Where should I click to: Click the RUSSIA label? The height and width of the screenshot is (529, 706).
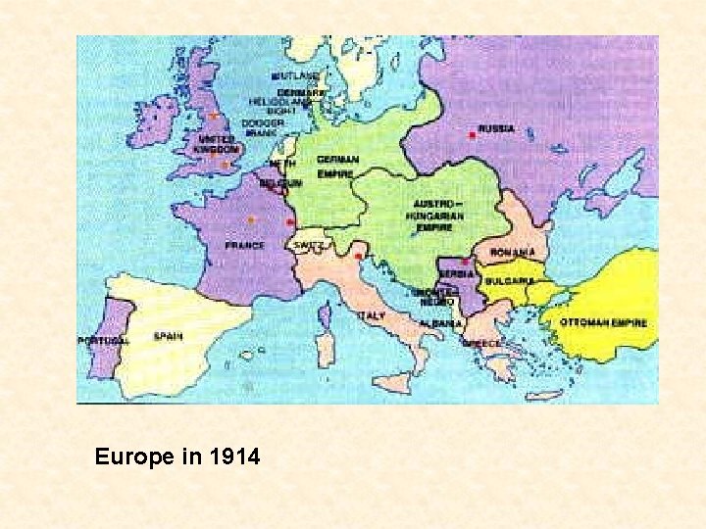[x=497, y=129]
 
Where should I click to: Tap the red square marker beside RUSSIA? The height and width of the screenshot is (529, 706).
[x=472, y=135]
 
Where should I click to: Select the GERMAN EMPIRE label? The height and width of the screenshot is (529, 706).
[x=336, y=167]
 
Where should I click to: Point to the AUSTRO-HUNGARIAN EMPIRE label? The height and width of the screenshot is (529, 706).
[x=433, y=216]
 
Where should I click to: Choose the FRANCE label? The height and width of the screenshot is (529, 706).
[x=244, y=245]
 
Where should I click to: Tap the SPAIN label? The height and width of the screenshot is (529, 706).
[x=168, y=336]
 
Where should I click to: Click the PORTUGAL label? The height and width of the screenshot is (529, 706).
[x=103, y=340]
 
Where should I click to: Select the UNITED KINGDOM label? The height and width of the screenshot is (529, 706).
[x=217, y=144]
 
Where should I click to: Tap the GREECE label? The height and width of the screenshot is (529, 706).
[x=481, y=343]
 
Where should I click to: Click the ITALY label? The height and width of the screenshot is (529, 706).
[x=372, y=315]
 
